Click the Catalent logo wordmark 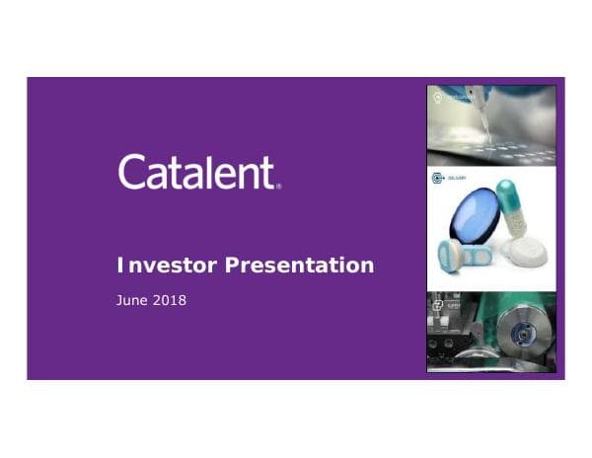tap(197, 172)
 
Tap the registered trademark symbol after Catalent tap(279, 185)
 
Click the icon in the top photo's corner tap(438, 97)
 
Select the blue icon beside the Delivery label tap(437, 180)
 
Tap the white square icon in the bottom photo tap(437, 305)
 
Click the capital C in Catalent tap(134, 172)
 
